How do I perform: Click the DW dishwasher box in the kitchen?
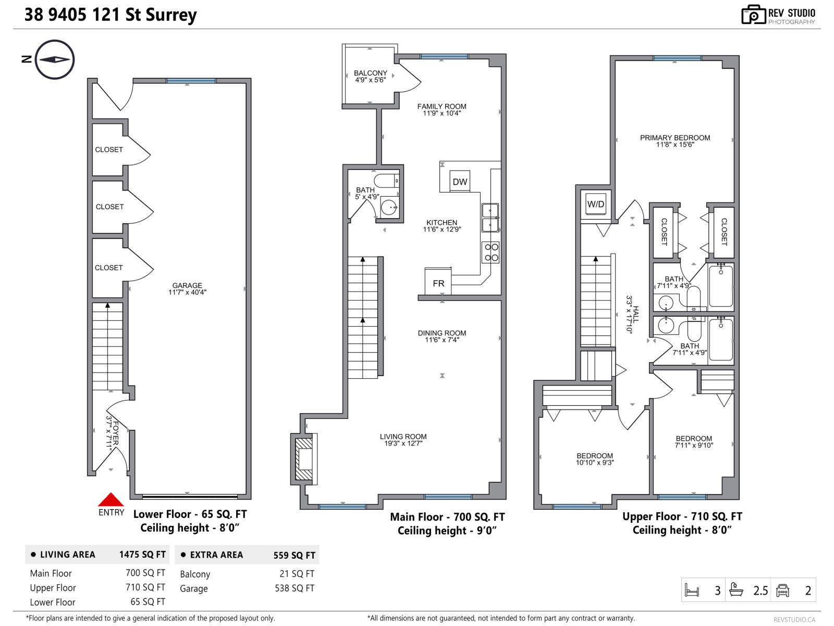tap(460, 182)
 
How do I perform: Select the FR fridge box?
tap(438, 282)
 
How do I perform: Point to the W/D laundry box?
tap(595, 204)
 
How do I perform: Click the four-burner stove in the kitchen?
tap(490, 252)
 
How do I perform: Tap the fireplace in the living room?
tap(304, 459)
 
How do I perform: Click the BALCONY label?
tap(370, 73)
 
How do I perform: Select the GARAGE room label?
tap(187, 285)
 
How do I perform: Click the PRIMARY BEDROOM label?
tap(675, 138)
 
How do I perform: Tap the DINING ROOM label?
tap(442, 333)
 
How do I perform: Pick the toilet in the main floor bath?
tap(386, 180)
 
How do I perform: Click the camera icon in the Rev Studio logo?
tap(753, 15)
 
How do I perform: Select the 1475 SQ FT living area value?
tap(142, 555)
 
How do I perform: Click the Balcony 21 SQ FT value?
tap(297, 573)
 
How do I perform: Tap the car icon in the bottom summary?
tap(782, 591)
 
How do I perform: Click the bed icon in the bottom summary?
tap(692, 591)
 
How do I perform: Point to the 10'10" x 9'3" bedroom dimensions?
tap(595, 463)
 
